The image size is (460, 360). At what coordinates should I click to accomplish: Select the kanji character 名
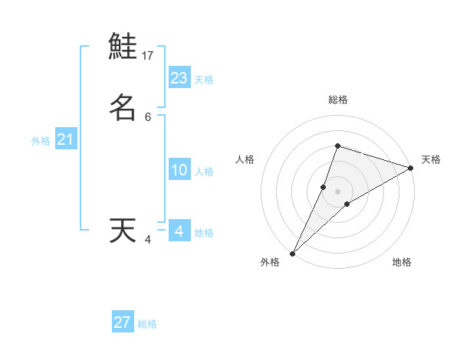123,107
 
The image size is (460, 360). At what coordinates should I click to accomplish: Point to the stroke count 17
148,56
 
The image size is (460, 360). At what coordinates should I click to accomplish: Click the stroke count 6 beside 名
148,117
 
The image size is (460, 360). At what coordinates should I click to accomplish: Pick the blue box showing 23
179,78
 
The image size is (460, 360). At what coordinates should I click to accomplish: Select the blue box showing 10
179,170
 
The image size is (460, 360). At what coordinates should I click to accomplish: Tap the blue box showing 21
65,140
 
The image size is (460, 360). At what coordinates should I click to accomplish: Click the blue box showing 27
123,322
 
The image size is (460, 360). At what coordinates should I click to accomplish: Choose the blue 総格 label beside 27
148,324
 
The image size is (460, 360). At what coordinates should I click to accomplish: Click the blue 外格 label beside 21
41,141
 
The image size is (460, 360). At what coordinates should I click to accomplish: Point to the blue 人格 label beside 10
205,172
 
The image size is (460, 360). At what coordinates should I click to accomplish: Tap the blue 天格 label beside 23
205,80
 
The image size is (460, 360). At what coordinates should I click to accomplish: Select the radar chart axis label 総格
337,100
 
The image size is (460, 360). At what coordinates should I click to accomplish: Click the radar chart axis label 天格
432,159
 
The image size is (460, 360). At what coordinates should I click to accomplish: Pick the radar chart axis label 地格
402,262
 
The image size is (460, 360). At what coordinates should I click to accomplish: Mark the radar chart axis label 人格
245,159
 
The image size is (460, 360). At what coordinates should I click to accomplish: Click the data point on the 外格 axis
292,253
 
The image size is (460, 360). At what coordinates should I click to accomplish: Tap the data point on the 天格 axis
410,168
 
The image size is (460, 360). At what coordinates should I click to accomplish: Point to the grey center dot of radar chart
337,191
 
